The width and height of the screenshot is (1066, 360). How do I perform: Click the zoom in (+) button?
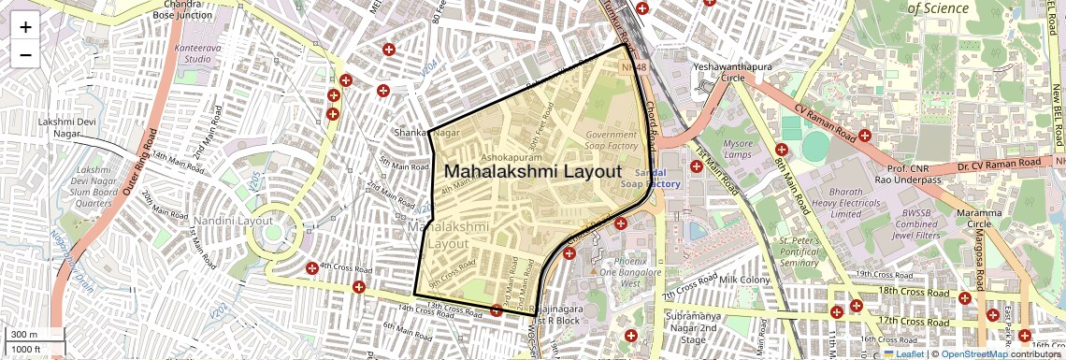click(x=25, y=26)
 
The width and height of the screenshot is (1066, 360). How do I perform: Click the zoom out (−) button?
click(x=25, y=54)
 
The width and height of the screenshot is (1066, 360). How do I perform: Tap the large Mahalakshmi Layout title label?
click(x=532, y=172)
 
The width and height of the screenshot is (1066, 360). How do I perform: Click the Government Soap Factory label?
click(x=611, y=140)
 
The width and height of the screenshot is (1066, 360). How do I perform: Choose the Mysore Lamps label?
click(x=738, y=149)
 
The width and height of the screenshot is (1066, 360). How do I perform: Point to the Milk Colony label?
click(x=743, y=280)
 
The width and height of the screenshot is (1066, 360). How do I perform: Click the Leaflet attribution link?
click(x=903, y=353)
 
